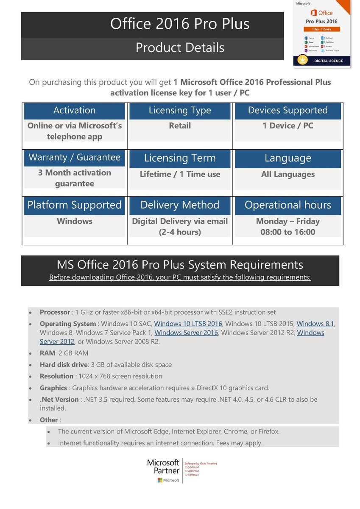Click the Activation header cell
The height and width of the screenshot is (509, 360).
click(75, 111)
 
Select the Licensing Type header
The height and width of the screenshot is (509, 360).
click(180, 111)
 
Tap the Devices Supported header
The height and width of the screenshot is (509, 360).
click(287, 111)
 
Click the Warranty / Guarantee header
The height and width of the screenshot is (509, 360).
click(75, 158)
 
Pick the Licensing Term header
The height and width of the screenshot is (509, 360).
click(180, 158)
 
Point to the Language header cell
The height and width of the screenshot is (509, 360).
click(287, 158)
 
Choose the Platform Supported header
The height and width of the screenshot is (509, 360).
click(75, 205)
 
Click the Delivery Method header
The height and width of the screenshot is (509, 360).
click(180, 205)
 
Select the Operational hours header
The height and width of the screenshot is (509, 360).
click(287, 205)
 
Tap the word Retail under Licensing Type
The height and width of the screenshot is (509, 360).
click(180, 126)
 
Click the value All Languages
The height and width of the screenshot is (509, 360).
click(287, 174)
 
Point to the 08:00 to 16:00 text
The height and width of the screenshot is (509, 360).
click(287, 232)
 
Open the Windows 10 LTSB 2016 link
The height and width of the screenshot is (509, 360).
click(188, 324)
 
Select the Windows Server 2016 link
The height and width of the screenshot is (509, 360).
click(186, 333)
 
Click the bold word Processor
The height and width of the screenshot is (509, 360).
click(55, 312)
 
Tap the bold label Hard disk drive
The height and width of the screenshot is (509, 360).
click(63, 365)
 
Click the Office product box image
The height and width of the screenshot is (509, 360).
click(323, 33)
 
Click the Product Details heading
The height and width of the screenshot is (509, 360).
click(180, 48)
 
